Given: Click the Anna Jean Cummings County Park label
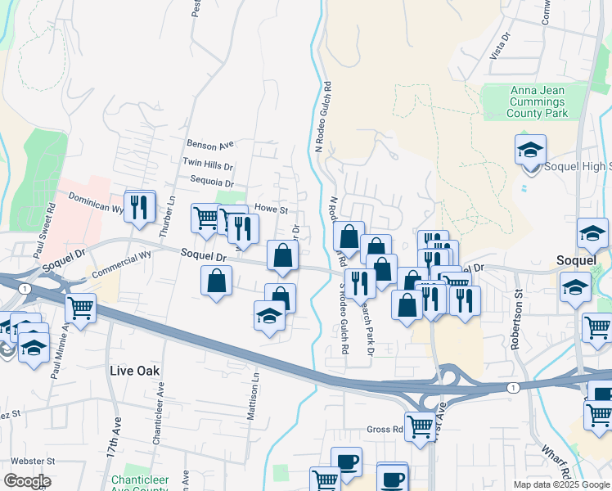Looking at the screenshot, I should click(537, 102).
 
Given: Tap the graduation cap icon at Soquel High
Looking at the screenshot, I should click(530, 151).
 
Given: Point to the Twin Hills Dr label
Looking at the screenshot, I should click(208, 164).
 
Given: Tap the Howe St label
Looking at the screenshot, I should click(272, 209).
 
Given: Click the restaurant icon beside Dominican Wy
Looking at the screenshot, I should click(139, 207).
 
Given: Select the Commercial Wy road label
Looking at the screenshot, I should click(122, 263).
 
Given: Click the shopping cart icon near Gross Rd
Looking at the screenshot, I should click(420, 425).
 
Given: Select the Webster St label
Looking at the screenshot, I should click(27, 461).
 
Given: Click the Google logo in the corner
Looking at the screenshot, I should click(27, 480).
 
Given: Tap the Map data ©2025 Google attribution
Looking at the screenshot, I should click(560, 484).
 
